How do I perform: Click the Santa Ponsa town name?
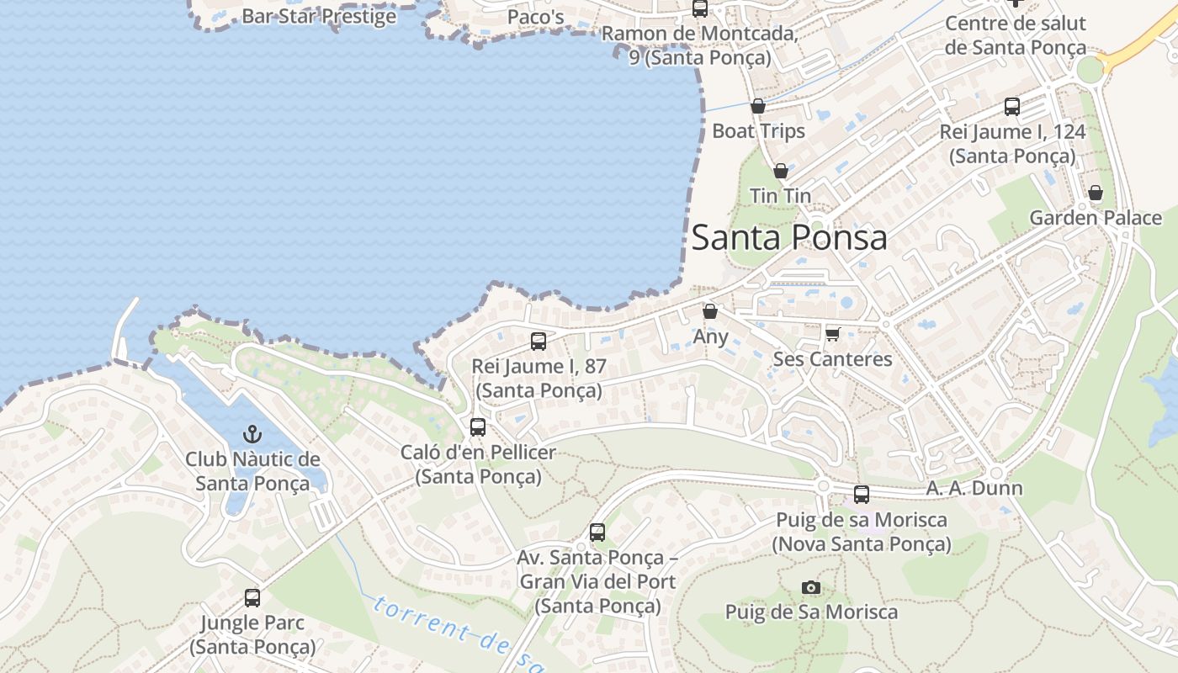789,237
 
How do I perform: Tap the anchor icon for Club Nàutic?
252,434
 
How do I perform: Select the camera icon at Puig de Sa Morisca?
811,587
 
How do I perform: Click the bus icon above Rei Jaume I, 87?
539,342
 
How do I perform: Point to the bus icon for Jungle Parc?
252,598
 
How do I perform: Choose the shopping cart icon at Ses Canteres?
833,334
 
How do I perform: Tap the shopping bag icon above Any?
710,311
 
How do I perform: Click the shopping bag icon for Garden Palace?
1096,193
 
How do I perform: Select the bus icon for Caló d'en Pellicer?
478,427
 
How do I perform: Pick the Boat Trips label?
758,130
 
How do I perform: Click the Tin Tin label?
780,195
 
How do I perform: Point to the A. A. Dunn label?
974,488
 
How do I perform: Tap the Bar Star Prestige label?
319,15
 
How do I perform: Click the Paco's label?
535,16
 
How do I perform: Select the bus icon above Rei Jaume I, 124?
1012,107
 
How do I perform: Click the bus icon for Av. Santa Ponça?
597,533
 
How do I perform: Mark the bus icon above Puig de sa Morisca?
862,495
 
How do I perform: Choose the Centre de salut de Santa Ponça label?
1015,34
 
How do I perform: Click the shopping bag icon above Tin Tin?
781,171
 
